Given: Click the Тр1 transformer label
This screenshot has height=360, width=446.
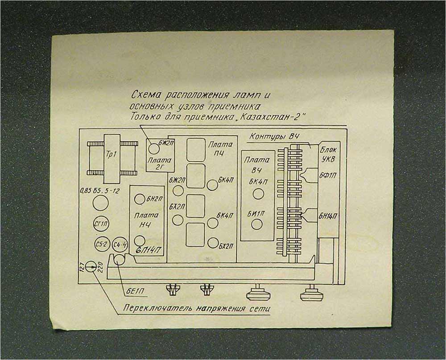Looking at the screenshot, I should point(111,159).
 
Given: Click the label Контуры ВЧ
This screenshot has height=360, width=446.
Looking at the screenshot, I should point(274,136).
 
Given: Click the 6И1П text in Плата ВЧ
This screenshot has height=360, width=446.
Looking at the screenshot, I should point(256,213).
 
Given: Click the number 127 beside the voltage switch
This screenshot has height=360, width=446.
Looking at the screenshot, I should point(82,266).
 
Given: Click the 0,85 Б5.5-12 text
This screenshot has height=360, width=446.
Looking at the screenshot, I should point(99,191).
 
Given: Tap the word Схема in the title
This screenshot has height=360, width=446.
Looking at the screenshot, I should point(147,95).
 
